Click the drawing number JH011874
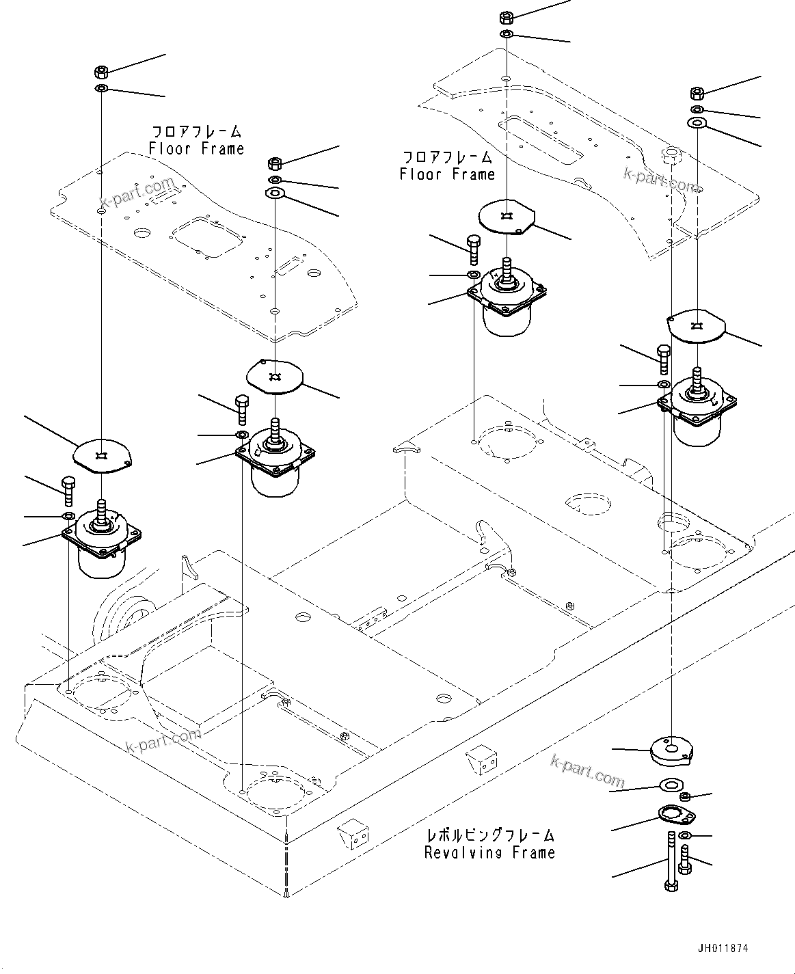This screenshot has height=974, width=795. pos(723,949)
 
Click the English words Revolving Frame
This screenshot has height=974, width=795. pos(489,852)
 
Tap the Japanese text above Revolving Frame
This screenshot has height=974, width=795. pos(489,835)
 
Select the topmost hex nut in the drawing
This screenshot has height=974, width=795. pos(507,16)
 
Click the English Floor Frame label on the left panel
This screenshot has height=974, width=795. pos(196,148)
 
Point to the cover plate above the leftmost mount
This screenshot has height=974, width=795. pos(102,455)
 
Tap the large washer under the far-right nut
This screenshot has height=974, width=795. pos(697,123)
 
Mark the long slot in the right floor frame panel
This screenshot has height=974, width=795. pos(539,140)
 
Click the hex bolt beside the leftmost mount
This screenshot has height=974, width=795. pos(68,491)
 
